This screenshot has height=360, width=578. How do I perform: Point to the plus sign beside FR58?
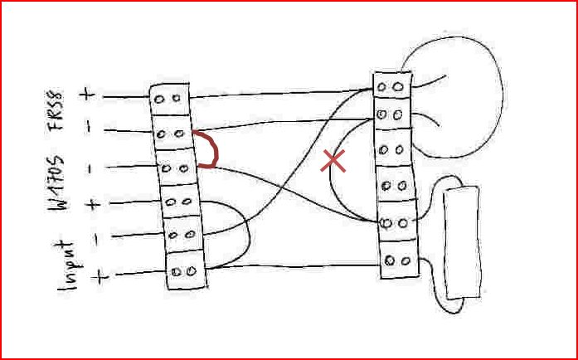87,94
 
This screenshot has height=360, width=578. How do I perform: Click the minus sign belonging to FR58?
89,129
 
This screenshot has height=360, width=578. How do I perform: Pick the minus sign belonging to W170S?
90,168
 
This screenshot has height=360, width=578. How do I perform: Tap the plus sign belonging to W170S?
92,204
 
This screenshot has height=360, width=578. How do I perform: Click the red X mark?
333,161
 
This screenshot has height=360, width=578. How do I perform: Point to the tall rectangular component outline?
462,242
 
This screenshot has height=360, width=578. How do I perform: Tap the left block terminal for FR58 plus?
170,97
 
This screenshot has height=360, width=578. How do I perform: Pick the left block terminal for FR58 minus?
172,133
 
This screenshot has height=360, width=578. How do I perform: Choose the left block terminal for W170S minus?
174,168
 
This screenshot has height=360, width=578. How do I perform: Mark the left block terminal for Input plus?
187,270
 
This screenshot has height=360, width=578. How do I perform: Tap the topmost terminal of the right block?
391,85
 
